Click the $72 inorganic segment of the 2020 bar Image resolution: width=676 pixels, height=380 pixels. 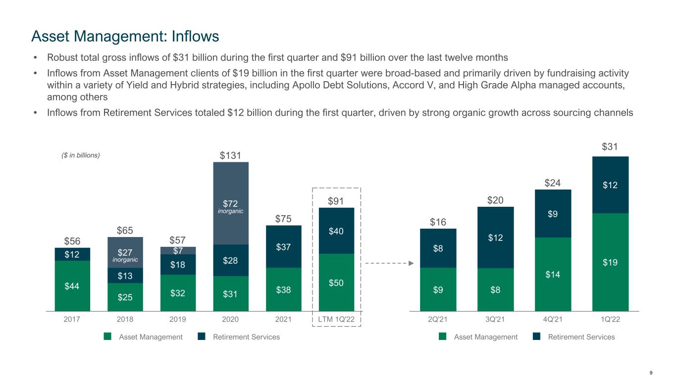[x=230, y=203]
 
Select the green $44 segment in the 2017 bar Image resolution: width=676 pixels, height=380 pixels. [x=72, y=285]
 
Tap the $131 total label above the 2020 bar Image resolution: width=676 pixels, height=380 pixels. [x=230, y=156]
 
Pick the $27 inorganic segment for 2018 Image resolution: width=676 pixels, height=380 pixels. [x=125, y=252]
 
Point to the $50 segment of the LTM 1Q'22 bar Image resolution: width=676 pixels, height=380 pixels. [x=336, y=282]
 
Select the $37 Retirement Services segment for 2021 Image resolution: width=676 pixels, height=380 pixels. [x=283, y=246]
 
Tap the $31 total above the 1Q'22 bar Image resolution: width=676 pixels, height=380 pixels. [x=610, y=147]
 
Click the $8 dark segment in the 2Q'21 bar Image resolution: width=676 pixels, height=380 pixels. [x=438, y=248]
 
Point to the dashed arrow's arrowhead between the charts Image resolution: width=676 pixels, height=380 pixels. [x=411, y=264]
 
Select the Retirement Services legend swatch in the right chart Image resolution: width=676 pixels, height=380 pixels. [x=536, y=337]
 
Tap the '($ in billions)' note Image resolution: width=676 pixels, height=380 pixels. [x=77, y=155]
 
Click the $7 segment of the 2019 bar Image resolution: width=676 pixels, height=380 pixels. [x=178, y=250]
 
